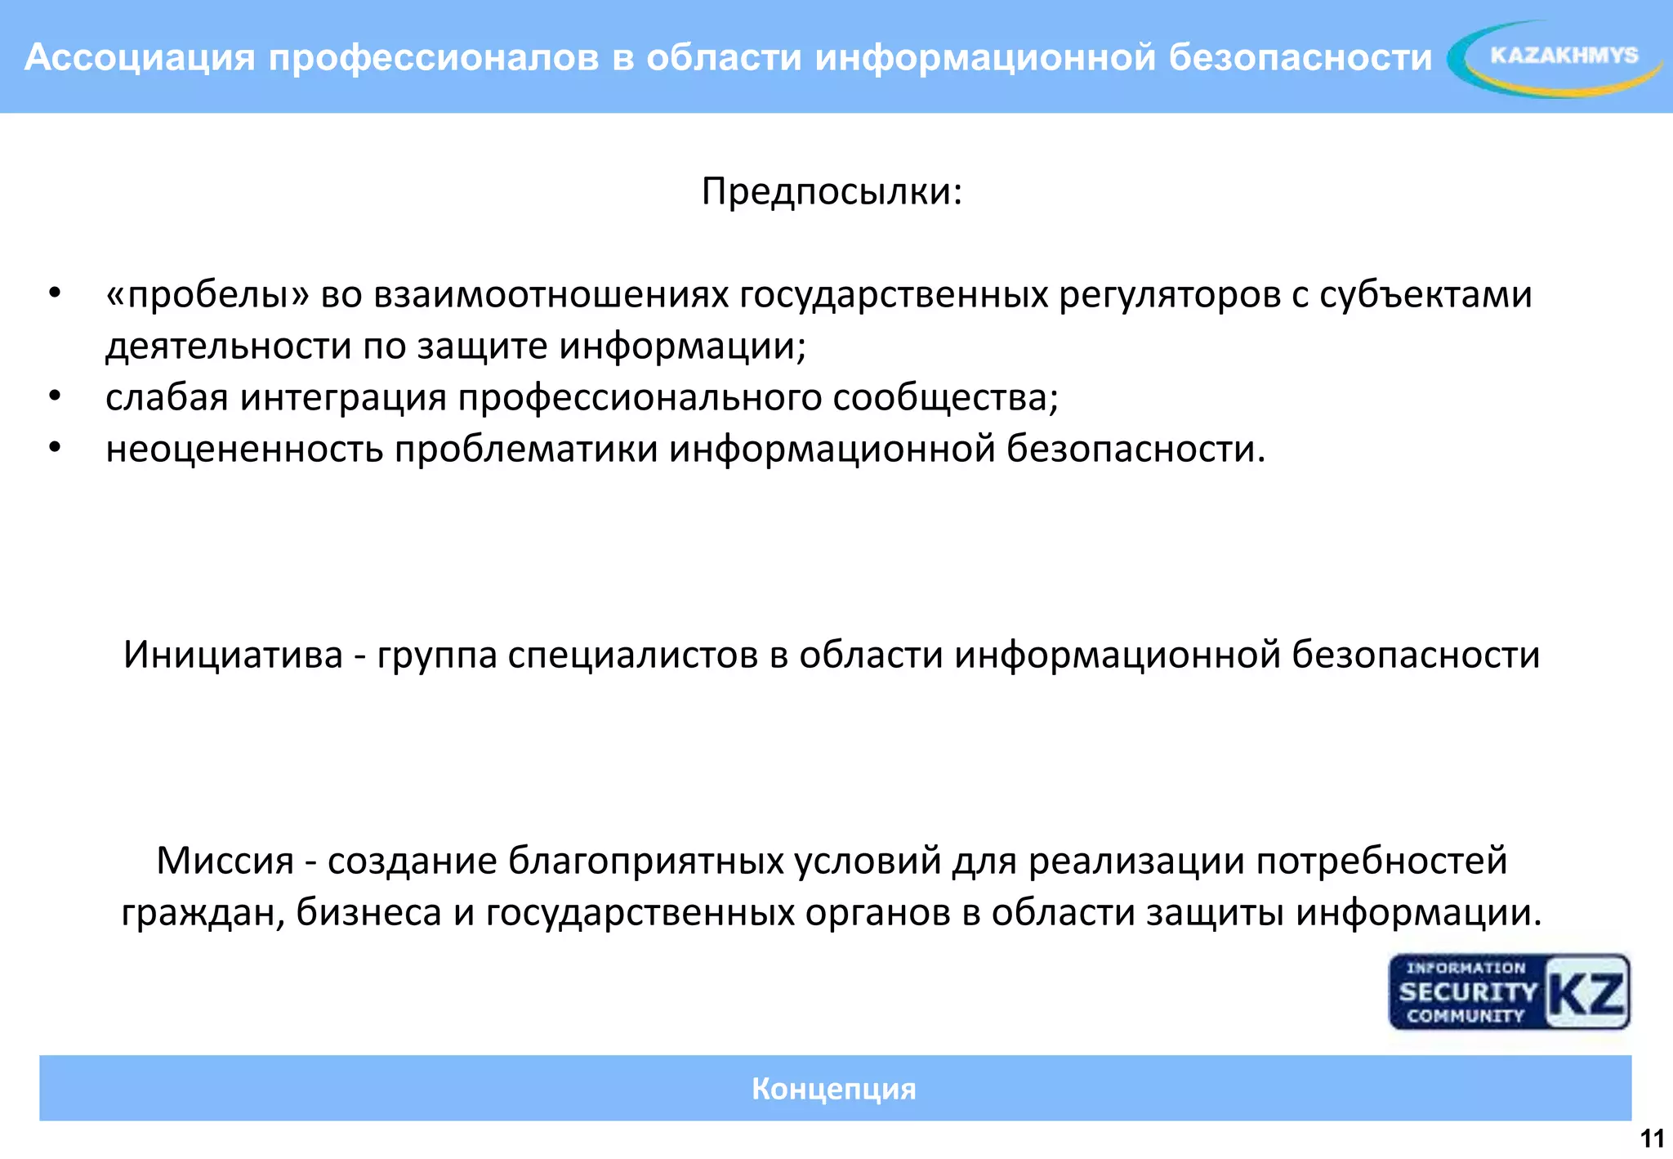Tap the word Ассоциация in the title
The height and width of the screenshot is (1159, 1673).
140,57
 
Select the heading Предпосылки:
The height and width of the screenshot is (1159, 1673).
832,192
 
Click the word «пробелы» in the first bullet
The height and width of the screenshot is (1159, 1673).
207,295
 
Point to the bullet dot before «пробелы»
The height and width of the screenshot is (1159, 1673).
55,293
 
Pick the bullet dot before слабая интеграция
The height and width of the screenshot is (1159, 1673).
55,396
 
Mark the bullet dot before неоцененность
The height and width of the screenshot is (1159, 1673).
55,448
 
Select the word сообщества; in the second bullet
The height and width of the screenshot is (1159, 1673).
945,398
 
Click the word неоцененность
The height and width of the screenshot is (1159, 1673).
244,450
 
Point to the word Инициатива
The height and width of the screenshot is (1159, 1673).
233,656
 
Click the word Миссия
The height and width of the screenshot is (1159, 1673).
225,861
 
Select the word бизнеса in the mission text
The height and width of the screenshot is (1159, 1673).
368,913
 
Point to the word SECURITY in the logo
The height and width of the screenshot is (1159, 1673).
1467,992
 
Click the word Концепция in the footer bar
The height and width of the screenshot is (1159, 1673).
833,1089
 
